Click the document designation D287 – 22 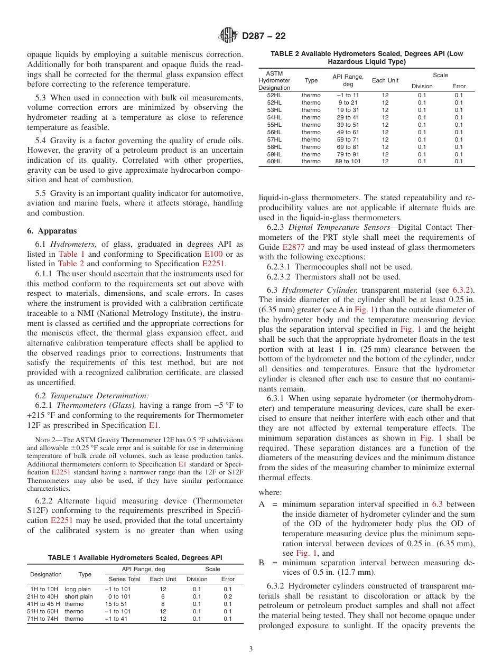[264, 36]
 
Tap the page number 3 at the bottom [250, 649]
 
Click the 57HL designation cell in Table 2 [274, 139]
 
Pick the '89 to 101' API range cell [348, 162]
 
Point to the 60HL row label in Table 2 [274, 162]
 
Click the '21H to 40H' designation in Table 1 [42, 596]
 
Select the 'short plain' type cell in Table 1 [78, 596]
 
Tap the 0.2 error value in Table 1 [227, 596]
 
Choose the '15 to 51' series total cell [116, 604]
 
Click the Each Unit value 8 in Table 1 [163, 604]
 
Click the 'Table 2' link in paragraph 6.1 [71, 263]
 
